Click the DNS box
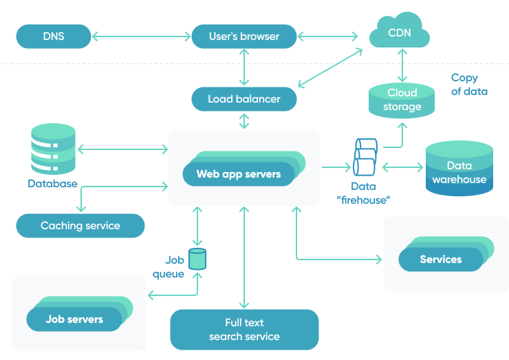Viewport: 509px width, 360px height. pyautogui.click(x=54, y=36)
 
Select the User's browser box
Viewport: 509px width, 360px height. pyautogui.click(x=244, y=36)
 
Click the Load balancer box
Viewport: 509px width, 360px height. pyautogui.click(x=244, y=99)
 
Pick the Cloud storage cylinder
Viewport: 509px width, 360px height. pyautogui.click(x=402, y=100)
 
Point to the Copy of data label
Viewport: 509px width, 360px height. pyautogui.click(x=469, y=85)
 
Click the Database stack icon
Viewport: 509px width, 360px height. pyautogui.click(x=52, y=149)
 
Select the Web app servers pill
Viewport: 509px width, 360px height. pyautogui.click(x=239, y=173)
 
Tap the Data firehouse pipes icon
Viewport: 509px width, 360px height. pyautogui.click(x=365, y=158)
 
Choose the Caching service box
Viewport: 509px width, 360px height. pyautogui.click(x=80, y=225)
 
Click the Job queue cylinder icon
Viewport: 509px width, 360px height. pyautogui.click(x=197, y=258)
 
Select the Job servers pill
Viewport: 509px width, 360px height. pyautogui.click(x=75, y=319)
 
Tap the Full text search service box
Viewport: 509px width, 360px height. pyautogui.click(x=244, y=329)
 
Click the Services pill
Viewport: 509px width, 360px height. pyautogui.click(x=441, y=259)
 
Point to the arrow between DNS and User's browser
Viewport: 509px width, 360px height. pyautogui.click(x=140, y=36)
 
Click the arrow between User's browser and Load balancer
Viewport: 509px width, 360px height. pyautogui.click(x=244, y=67)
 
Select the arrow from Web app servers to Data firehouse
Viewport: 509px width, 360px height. pyautogui.click(x=336, y=166)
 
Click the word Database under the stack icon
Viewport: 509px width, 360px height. pyautogui.click(x=52, y=184)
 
